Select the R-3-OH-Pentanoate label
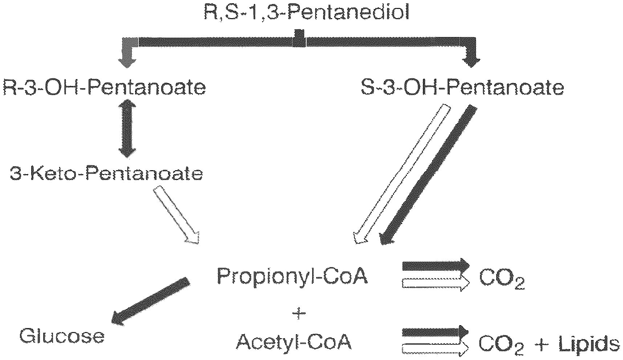tap(105, 88)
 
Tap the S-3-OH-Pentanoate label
tap(462, 88)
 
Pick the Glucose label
tap(62, 337)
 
